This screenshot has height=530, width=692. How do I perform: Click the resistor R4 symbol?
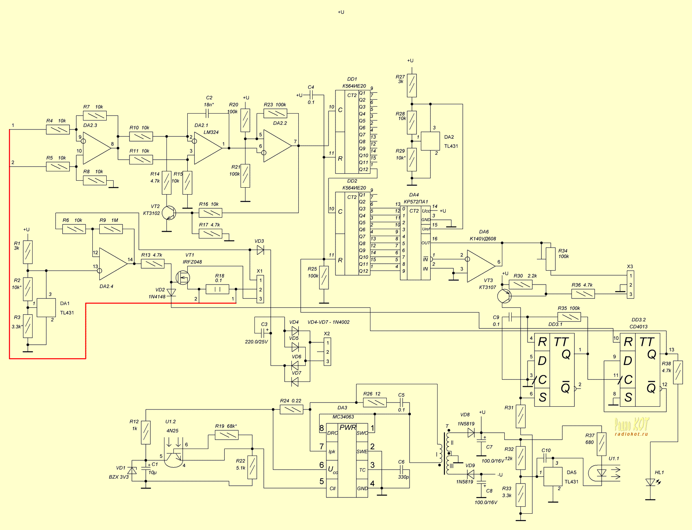(57, 130)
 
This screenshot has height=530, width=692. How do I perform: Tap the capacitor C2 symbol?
(208, 113)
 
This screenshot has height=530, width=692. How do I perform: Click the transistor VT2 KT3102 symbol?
(169, 213)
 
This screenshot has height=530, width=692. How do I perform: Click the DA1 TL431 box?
(46, 308)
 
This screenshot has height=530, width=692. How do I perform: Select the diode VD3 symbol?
(261, 250)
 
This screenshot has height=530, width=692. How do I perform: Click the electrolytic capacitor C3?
(265, 332)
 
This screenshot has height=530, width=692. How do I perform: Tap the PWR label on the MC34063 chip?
(348, 427)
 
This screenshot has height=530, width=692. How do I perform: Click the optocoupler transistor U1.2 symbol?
(175, 456)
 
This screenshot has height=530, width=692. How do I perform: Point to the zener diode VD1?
(132, 471)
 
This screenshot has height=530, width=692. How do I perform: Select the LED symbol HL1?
(650, 482)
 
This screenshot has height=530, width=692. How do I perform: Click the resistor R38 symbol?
(678, 372)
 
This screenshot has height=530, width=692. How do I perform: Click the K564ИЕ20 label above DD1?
(354, 86)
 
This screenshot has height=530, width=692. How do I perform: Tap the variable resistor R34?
(550, 259)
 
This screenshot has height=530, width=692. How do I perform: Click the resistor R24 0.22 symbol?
(291, 409)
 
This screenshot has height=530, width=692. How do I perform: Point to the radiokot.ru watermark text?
(631, 434)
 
